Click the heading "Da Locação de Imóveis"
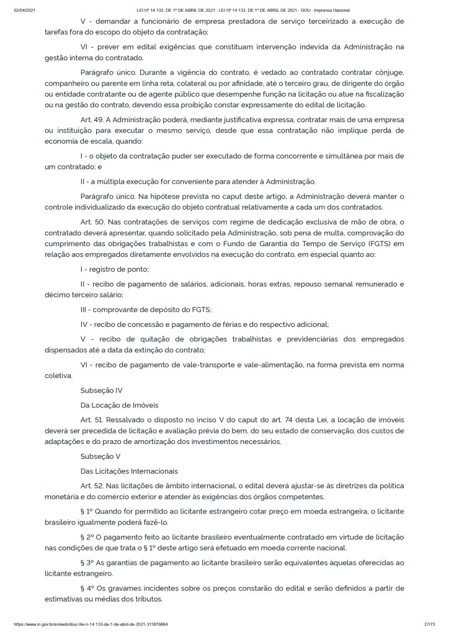pyautogui.click(x=119, y=405)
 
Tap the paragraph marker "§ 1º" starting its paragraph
pyautogui.click(x=89, y=512)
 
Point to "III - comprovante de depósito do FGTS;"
pyautogui.click(x=146, y=309)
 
